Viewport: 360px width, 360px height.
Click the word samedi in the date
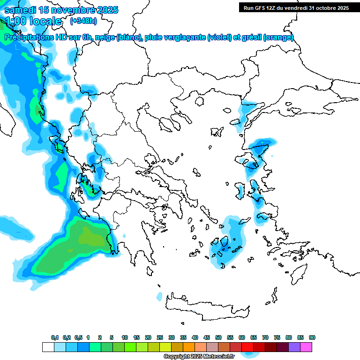pos(19,10)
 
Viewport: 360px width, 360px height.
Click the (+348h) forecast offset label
pos(83,21)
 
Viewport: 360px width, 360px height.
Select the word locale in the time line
pos(45,21)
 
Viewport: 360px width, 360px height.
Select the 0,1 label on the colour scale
pos(54,337)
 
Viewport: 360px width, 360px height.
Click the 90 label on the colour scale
pos(312,337)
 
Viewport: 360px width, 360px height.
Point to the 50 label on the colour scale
pos(218,337)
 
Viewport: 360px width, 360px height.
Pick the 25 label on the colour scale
pos(160,337)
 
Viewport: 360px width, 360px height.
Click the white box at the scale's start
pos(48,347)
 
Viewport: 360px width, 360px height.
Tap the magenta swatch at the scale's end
pos(307,347)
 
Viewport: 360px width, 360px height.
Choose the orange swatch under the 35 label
pos(189,347)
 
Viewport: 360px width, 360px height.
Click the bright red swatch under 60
pos(247,347)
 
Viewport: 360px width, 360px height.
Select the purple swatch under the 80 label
pos(294,347)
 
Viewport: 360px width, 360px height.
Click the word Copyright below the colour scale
pos(176,357)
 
